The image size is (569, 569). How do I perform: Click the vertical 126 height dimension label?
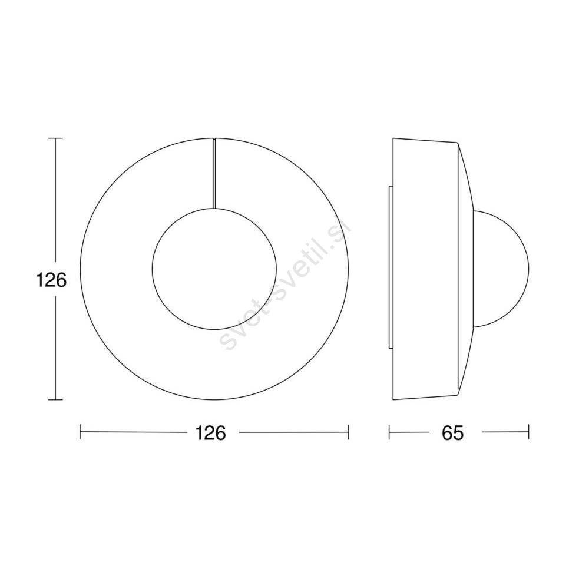(x=51, y=280)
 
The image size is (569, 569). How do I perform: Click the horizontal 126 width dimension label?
(x=210, y=433)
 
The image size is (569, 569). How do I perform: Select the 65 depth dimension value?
(x=453, y=433)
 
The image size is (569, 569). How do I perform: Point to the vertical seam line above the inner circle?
(x=214, y=173)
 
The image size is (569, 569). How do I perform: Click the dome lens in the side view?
(x=528, y=269)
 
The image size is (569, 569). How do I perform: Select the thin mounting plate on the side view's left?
(x=391, y=268)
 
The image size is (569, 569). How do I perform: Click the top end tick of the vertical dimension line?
(x=55, y=138)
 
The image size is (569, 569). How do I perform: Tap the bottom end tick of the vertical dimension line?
(x=55, y=399)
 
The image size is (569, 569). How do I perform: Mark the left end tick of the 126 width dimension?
(x=80, y=432)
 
